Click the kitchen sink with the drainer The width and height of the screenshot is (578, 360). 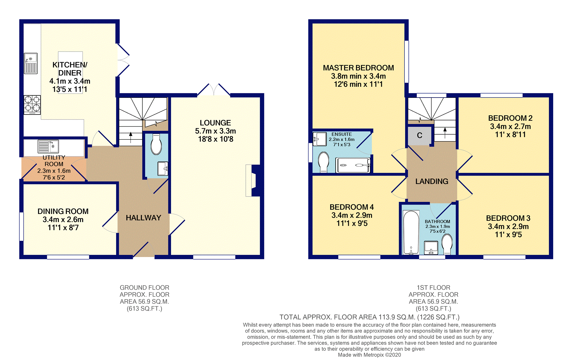point(31,63)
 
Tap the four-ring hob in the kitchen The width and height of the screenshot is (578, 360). point(32,105)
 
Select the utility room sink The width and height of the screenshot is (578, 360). point(48,146)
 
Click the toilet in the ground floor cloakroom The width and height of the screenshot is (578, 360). point(156,144)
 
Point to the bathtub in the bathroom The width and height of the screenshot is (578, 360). point(411,232)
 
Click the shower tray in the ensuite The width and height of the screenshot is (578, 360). point(353,165)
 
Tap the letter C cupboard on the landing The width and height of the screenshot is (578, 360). point(419,135)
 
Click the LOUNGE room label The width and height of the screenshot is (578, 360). point(215,123)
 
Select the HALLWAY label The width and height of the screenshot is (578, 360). point(144,218)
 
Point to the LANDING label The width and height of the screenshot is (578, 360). point(432,181)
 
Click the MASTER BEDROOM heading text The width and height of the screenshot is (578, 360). point(358,68)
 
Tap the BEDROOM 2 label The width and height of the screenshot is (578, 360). point(510,118)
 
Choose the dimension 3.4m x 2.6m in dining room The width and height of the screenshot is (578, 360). point(63,220)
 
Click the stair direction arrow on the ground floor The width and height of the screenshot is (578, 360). point(131,137)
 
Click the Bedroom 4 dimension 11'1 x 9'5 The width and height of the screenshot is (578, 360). point(352,223)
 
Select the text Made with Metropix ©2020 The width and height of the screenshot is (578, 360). point(369,355)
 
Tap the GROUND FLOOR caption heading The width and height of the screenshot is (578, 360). point(144,288)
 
